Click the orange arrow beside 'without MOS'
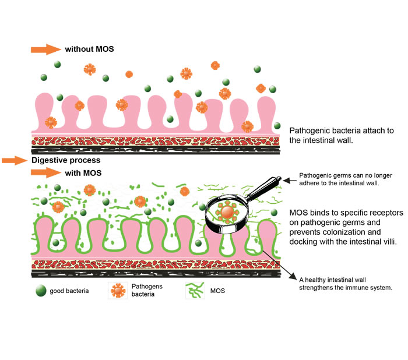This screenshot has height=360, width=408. (45, 49)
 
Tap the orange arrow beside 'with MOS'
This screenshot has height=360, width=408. (45, 172)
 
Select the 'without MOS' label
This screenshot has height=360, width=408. (89, 49)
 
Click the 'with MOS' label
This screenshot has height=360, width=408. (83, 172)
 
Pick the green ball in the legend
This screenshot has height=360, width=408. (40, 290)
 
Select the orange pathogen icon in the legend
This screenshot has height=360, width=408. (117, 290)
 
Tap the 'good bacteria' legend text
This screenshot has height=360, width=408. (69, 290)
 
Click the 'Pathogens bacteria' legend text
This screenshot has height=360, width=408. (147, 290)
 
